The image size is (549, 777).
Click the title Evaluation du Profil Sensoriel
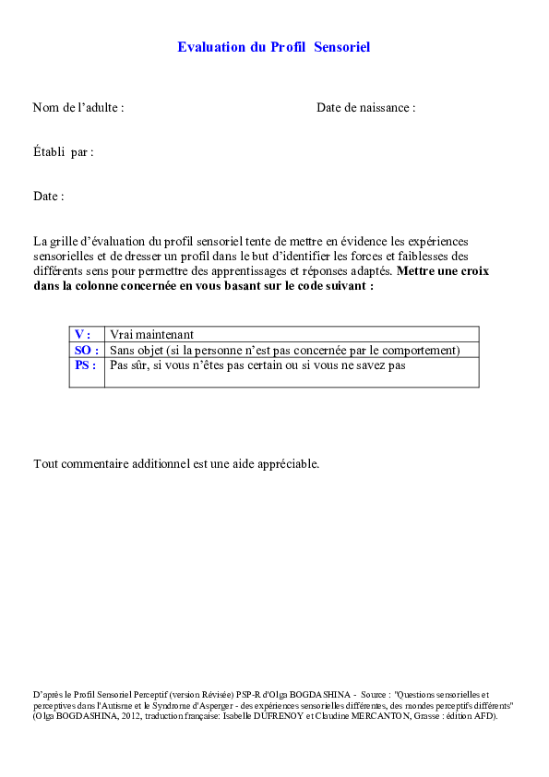pos(273,47)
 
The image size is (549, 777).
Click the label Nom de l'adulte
pos(78,108)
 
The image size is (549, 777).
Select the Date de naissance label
pos(365,108)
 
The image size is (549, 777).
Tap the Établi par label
pos(63,152)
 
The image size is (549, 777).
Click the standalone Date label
pos(48,197)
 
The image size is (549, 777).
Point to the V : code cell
pos(84,334)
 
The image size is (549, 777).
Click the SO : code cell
pos(85,350)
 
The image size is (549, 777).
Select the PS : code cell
pos(85,365)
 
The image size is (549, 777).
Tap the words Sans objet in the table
pos(136,350)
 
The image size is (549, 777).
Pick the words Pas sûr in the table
pos(128,365)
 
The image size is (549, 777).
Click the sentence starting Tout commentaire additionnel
pos(176,463)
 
